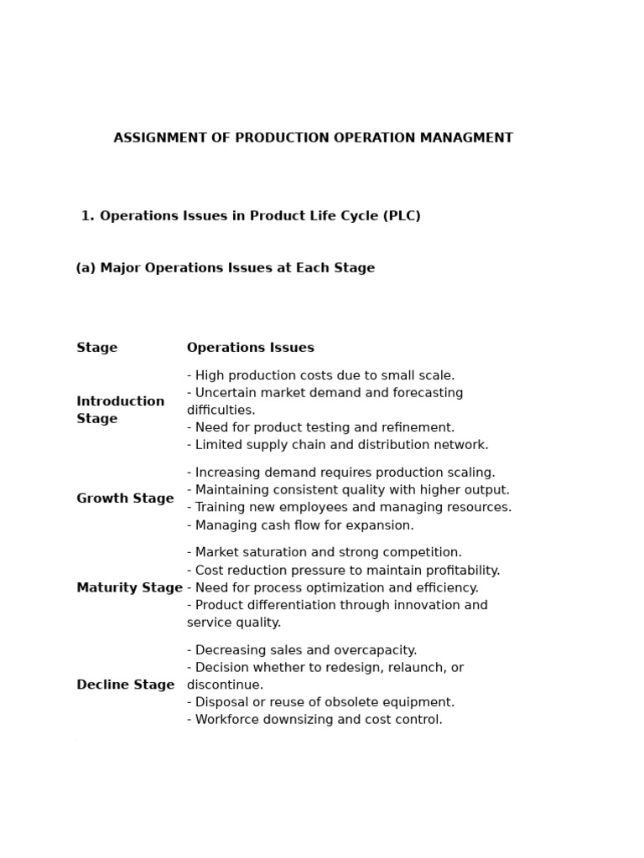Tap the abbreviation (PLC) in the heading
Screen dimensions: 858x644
(x=402, y=216)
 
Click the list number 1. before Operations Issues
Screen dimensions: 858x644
(x=87, y=216)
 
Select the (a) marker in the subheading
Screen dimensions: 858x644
(x=86, y=268)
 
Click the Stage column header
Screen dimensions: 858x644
(x=97, y=348)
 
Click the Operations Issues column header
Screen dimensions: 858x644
(x=251, y=348)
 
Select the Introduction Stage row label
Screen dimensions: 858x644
(x=121, y=411)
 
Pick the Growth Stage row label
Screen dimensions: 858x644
(x=125, y=499)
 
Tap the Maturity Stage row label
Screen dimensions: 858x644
(x=129, y=588)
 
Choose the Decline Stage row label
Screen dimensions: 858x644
(x=125, y=685)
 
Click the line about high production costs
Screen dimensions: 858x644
(x=321, y=375)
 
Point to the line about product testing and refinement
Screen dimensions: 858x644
(x=321, y=427)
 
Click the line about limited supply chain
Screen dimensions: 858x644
(x=337, y=445)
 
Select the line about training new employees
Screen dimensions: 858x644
(x=349, y=507)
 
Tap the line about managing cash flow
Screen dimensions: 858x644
(x=300, y=525)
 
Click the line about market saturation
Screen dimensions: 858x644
(x=325, y=552)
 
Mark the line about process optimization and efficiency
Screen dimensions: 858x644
(x=333, y=588)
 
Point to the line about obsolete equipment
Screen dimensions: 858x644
(x=321, y=702)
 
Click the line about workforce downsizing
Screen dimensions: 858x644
(x=314, y=720)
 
